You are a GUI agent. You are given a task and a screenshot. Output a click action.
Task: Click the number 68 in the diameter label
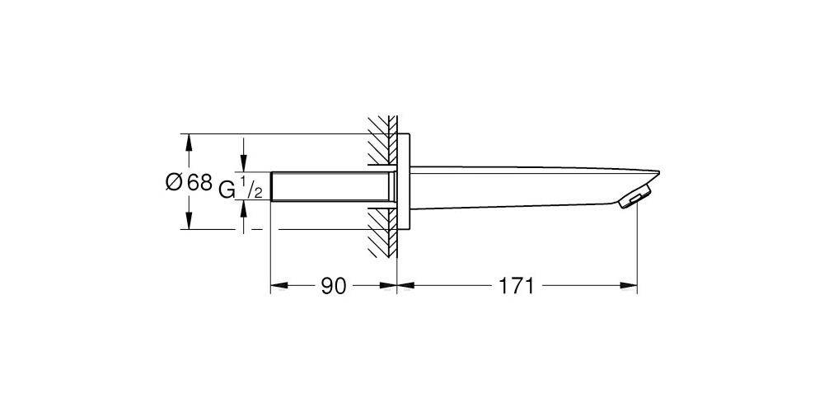click(x=200, y=183)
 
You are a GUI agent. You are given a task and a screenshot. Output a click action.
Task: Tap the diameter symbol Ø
click(x=174, y=183)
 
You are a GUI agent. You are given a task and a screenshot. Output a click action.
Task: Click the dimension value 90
click(x=332, y=286)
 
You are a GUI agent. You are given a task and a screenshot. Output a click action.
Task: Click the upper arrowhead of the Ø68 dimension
click(x=190, y=142)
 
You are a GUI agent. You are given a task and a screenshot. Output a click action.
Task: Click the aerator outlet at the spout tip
click(x=636, y=199)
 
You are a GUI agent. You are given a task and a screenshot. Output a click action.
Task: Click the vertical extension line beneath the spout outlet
click(x=639, y=247)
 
